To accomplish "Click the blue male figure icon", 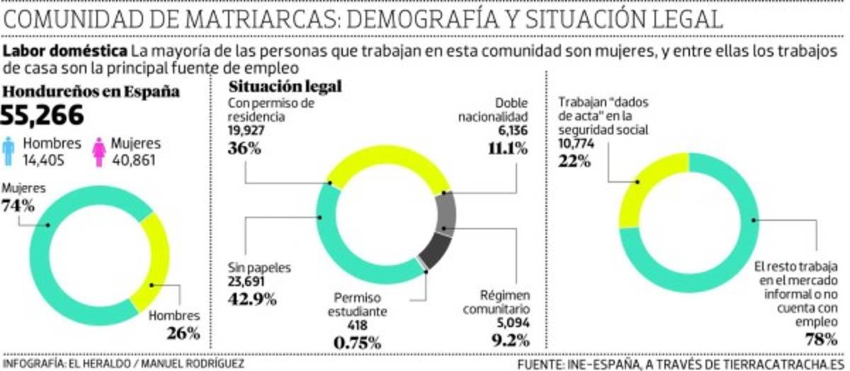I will [x=8, y=149].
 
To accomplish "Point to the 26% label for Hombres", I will [x=183, y=332].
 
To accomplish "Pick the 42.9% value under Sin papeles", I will [x=252, y=298].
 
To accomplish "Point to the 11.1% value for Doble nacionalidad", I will [x=506, y=148].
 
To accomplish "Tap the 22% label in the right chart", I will [x=574, y=161].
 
